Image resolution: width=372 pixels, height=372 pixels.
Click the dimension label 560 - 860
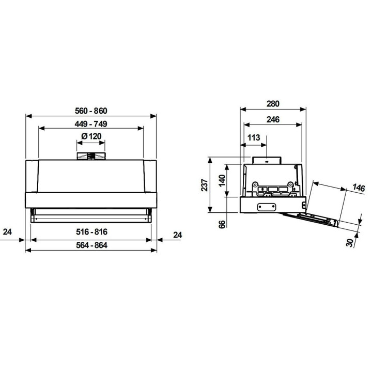pyautogui.click(x=91, y=111)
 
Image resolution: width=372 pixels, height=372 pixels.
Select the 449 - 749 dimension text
pyautogui.click(x=91, y=124)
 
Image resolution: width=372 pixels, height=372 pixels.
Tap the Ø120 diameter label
pyautogui.click(x=91, y=136)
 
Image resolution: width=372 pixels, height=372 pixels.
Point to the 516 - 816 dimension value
pyautogui.click(x=91, y=231)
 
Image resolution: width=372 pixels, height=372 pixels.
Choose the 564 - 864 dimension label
pyautogui.click(x=91, y=245)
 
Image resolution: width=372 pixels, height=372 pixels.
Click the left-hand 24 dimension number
pyautogui.click(x=7, y=232)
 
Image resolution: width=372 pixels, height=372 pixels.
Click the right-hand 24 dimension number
pyautogui.click(x=177, y=235)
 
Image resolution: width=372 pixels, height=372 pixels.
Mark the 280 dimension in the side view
pyautogui.click(x=273, y=104)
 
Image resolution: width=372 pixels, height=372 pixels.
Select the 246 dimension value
pyautogui.click(x=273, y=119)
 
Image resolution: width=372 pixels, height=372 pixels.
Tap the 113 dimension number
pyautogui.click(x=254, y=137)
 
